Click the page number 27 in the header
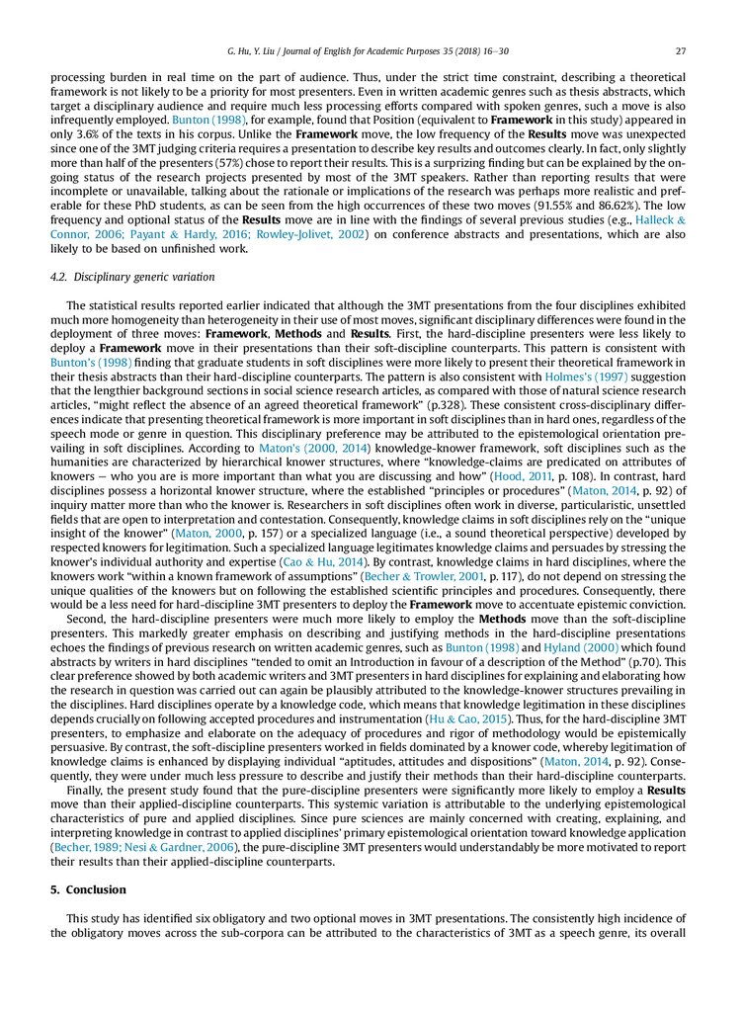point(681,51)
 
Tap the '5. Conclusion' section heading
point(88,890)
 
